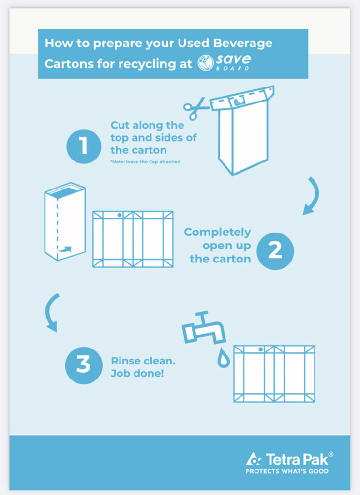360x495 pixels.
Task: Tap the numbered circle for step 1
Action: (84, 146)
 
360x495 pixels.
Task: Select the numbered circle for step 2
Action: (275, 251)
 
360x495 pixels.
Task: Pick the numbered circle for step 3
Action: (84, 365)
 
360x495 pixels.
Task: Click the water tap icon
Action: (204, 328)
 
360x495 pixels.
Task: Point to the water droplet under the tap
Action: (224, 358)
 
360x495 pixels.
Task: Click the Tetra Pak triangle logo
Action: (254, 459)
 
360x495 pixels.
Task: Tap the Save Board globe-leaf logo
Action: (206, 62)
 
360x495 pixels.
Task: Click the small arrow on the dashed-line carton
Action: (65, 249)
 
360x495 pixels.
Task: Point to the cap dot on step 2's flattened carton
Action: (120, 215)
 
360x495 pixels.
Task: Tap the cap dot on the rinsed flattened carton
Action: (261, 349)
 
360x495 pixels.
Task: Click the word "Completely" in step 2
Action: (217, 233)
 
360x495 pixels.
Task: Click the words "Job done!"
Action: (137, 374)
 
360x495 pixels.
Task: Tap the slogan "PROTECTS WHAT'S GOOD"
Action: (287, 471)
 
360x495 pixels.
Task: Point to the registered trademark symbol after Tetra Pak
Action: (330, 454)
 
